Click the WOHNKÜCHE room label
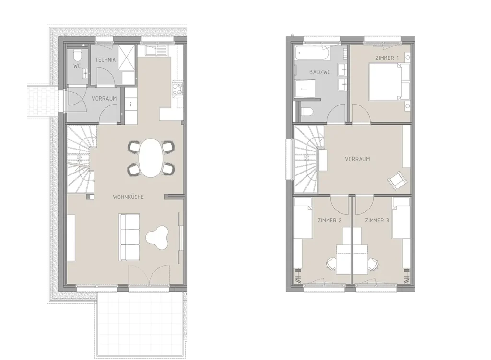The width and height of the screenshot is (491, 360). (128, 197)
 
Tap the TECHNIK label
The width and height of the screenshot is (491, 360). (105, 59)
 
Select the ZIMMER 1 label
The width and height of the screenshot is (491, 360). (387, 58)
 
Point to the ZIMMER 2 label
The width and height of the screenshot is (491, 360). (329, 221)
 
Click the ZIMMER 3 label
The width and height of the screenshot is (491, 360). (377, 221)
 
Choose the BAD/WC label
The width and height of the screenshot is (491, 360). (320, 72)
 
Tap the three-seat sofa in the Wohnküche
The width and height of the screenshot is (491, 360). (129, 237)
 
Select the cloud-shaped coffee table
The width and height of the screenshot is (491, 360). (157, 237)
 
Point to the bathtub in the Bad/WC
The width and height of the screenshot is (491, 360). (312, 53)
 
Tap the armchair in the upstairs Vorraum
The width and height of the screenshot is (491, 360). (397, 181)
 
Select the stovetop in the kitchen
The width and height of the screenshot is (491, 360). (177, 88)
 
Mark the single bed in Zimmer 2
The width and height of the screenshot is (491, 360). (303, 218)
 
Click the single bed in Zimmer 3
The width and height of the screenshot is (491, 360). (401, 218)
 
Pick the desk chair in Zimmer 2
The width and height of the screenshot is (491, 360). (331, 264)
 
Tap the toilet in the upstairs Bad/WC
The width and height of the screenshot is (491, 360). (306, 112)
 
